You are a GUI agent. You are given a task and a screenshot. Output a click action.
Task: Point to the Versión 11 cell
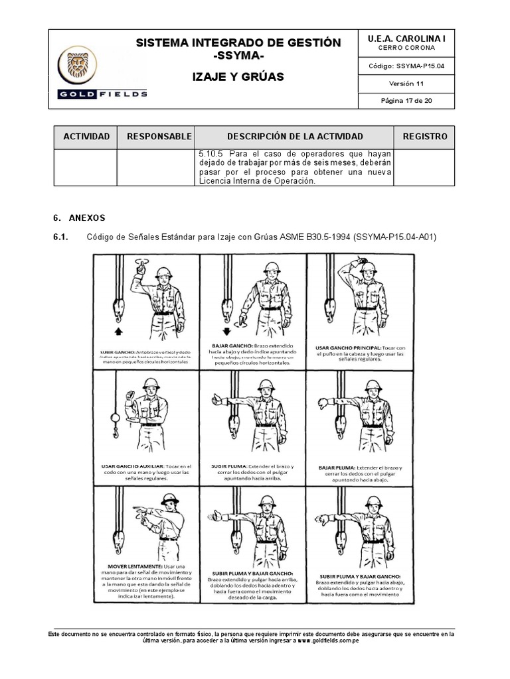pyautogui.click(x=406, y=84)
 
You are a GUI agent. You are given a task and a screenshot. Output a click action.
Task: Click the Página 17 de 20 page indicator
pyautogui.click(x=406, y=101)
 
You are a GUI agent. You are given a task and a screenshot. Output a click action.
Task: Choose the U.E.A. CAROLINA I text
pyautogui.click(x=406, y=39)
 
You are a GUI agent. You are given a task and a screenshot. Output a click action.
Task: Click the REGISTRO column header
pyautogui.click(x=424, y=137)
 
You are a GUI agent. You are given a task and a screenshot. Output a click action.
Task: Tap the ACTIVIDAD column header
pyautogui.click(x=86, y=137)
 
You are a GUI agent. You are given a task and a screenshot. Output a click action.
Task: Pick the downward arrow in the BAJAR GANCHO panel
pyautogui.click(x=225, y=330)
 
